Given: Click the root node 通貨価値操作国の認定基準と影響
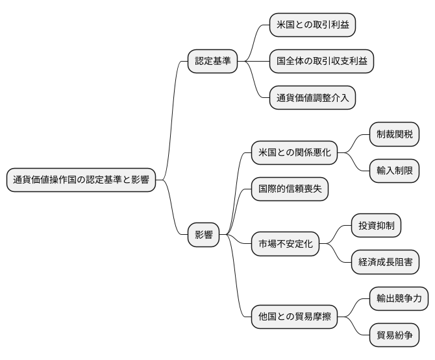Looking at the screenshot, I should (81, 180).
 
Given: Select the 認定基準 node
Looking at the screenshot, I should (212, 61).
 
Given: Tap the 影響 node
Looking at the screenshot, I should (203, 235).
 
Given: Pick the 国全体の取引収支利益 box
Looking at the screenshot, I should (321, 61).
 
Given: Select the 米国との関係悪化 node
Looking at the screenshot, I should (294, 153).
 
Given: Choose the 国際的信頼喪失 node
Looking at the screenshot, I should (290, 190).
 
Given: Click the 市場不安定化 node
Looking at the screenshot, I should (285, 244).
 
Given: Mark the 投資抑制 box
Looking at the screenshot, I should (375, 226).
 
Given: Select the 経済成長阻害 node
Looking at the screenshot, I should (384, 263).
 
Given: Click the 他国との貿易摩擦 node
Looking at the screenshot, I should (294, 317).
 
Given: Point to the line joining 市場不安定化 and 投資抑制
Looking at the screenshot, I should (335, 235).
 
